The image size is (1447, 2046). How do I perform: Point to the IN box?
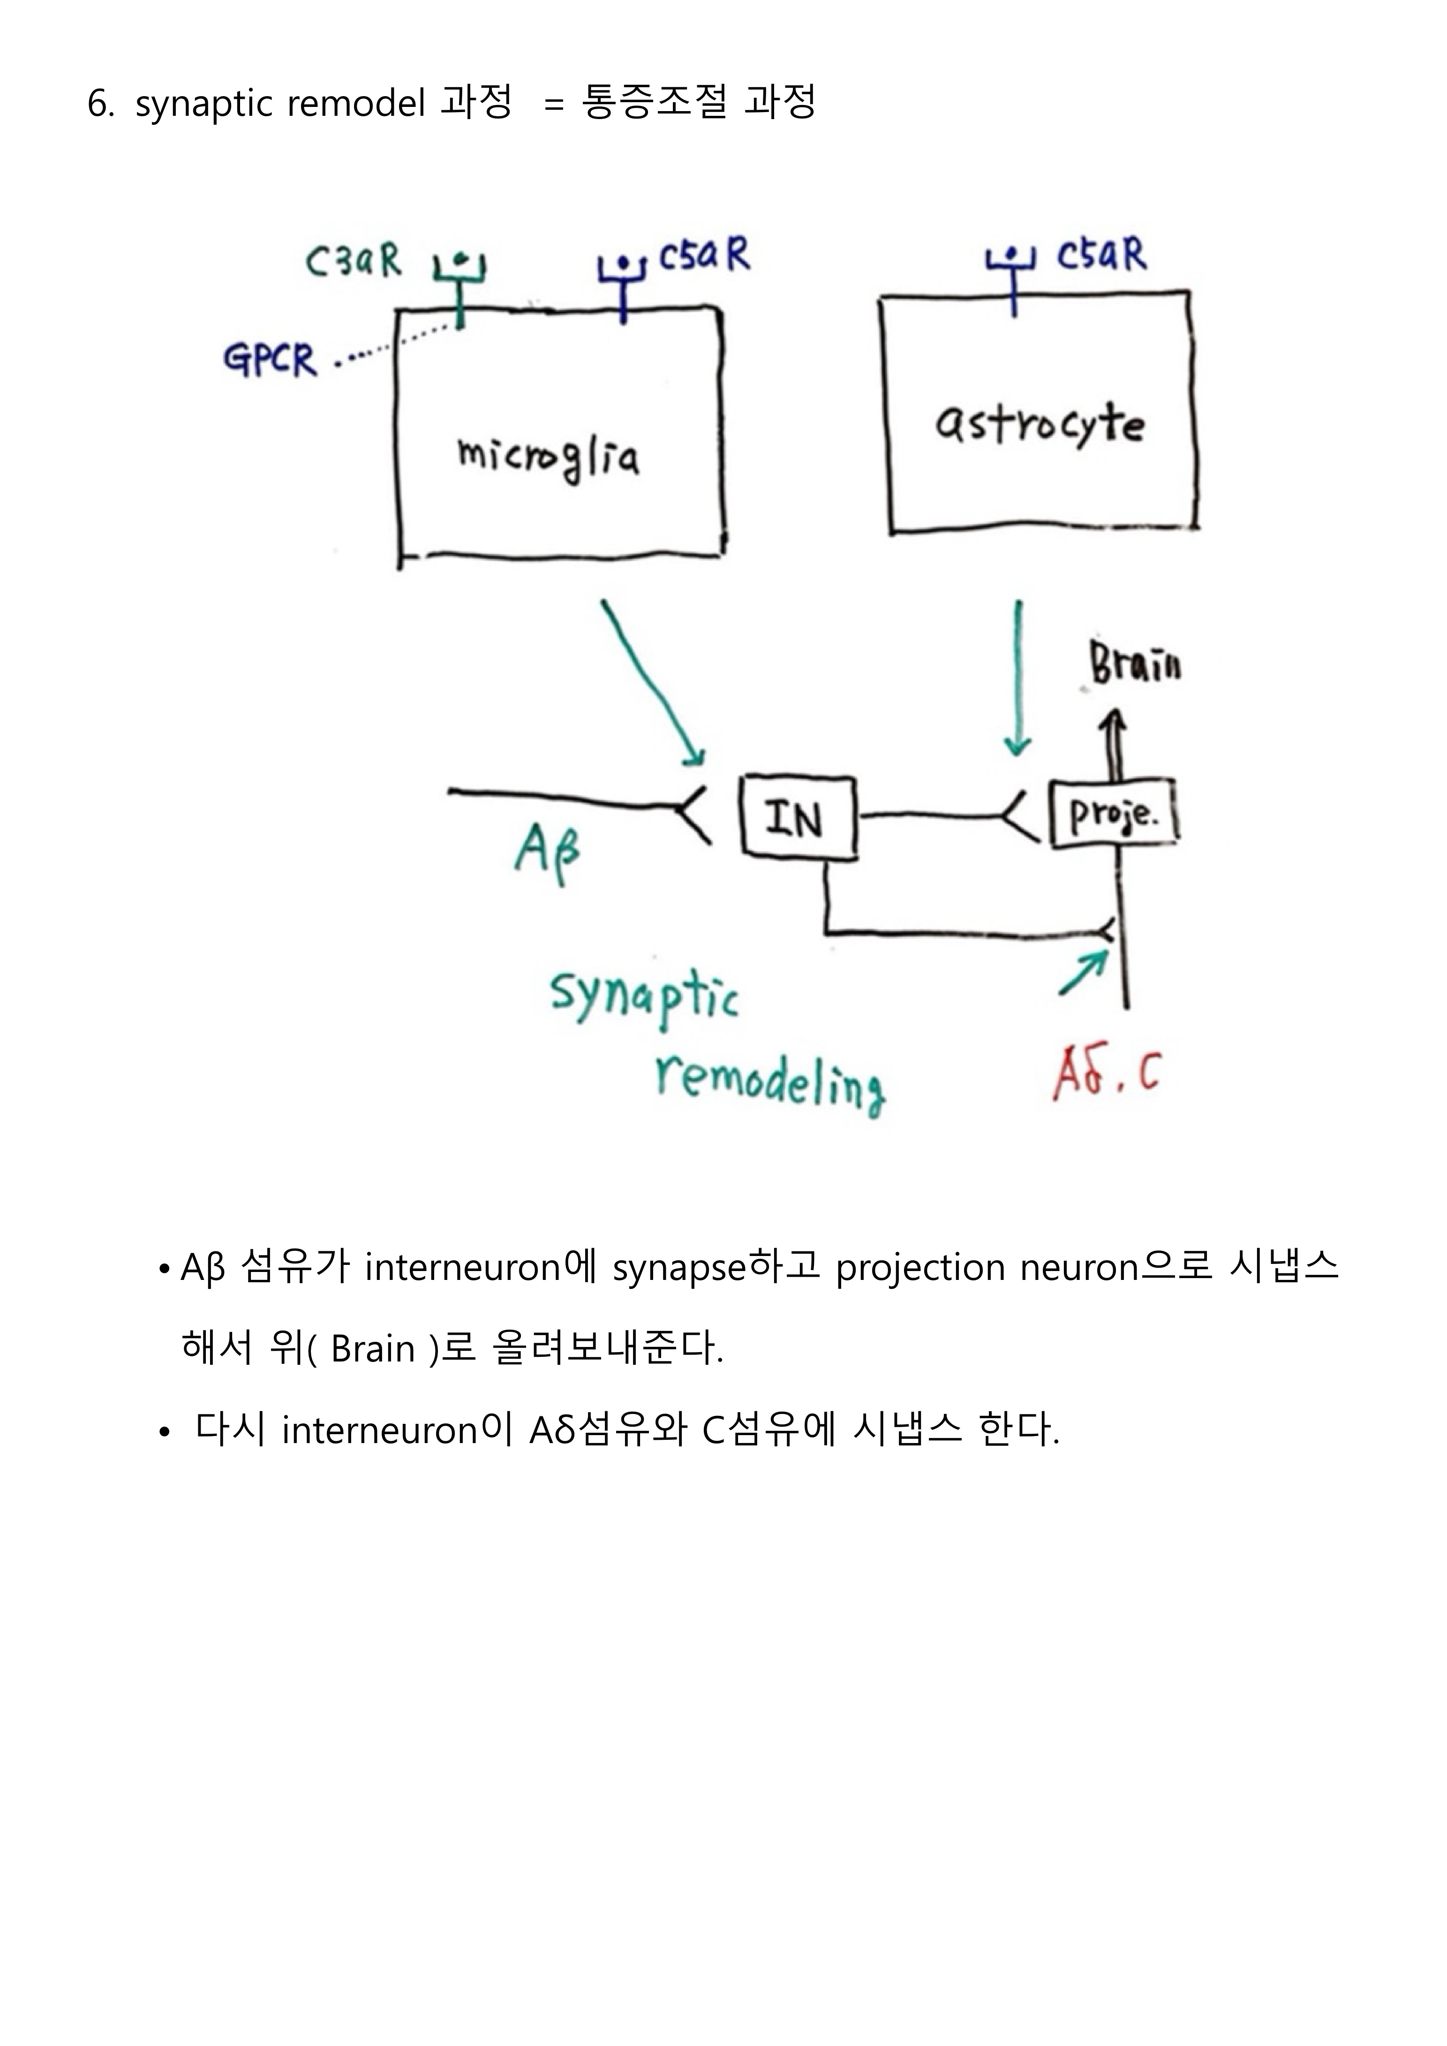point(798,818)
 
